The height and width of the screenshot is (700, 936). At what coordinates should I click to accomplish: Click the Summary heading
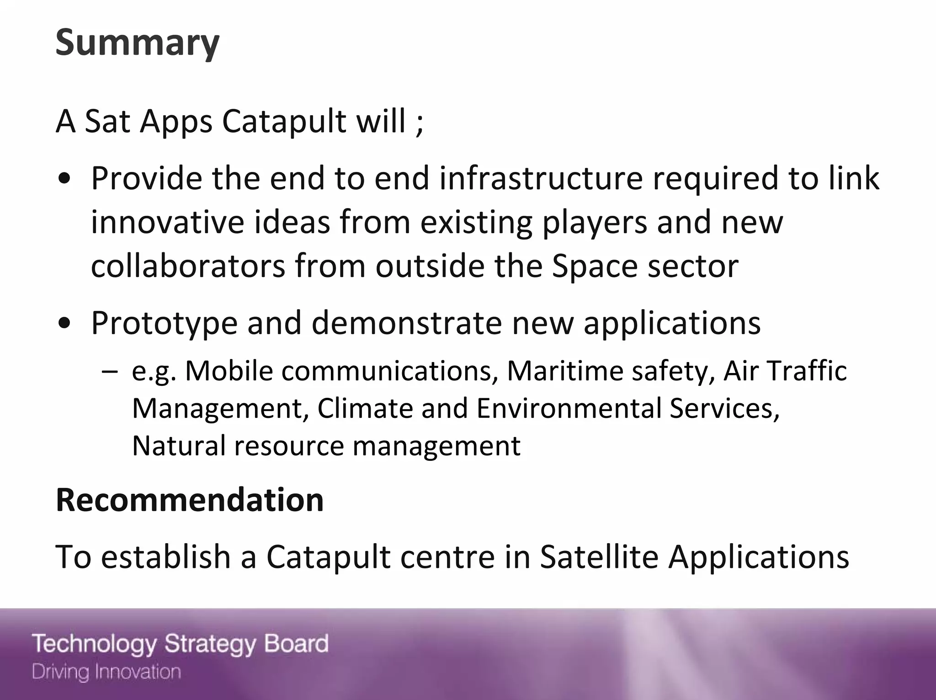(137, 43)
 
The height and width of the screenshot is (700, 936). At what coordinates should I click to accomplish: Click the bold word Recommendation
(190, 500)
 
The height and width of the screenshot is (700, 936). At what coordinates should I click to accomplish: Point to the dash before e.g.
(110, 371)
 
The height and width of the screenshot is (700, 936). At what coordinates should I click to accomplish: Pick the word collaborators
(188, 266)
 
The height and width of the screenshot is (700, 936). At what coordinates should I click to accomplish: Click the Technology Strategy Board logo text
(180, 644)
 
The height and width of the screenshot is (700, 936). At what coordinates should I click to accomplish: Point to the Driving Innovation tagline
(106, 672)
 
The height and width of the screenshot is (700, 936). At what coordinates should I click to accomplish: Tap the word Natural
(179, 446)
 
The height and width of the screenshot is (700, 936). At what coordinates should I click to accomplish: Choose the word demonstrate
(407, 323)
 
